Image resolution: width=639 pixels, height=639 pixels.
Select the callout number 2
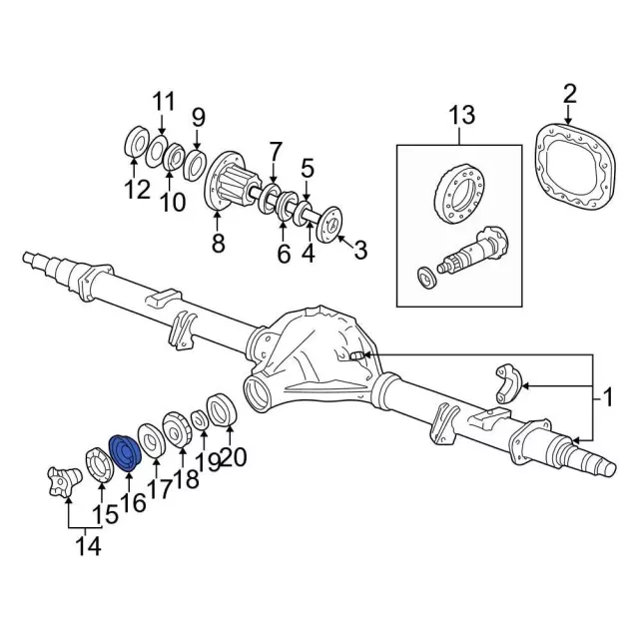(x=569, y=94)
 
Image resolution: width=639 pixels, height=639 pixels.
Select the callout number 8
(x=218, y=243)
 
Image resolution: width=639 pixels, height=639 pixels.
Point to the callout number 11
(x=163, y=101)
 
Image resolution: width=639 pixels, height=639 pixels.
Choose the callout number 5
(x=308, y=168)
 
